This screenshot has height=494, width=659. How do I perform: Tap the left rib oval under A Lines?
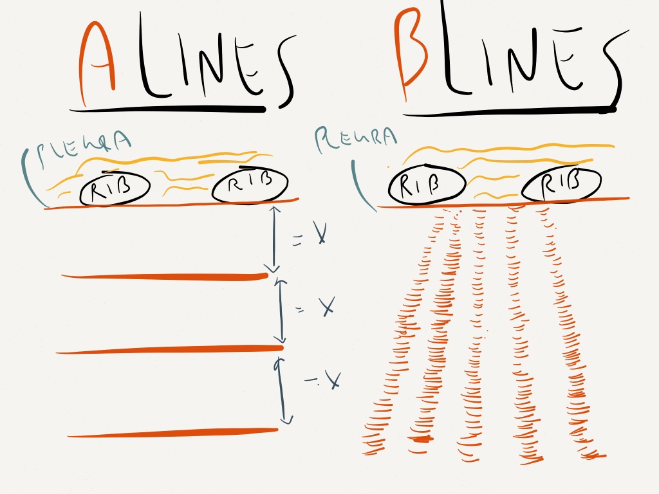[x=115, y=188]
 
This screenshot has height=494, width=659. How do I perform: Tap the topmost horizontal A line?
[x=164, y=277]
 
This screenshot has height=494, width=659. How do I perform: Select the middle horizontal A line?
[x=169, y=350]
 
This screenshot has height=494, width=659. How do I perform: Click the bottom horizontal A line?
[x=172, y=433]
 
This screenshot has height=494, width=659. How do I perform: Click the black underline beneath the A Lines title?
[x=167, y=109]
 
